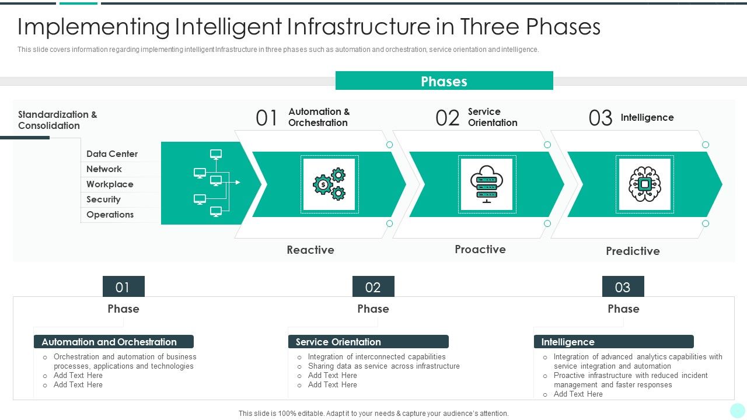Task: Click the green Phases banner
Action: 444,81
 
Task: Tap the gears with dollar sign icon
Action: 329,184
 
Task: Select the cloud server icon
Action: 487,184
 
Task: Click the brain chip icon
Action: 644,184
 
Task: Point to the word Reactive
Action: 310,250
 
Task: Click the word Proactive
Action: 480,249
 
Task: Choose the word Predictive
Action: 633,251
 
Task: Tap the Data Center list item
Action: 112,154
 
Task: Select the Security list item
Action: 103,199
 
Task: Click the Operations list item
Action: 110,215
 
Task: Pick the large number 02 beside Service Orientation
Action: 448,118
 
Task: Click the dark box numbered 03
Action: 623,287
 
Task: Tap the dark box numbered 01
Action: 123,287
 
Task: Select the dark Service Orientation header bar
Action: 368,342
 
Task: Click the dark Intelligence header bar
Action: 613,342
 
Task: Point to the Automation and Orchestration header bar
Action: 113,342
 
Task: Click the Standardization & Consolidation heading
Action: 57,120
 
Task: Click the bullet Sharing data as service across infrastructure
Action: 383,366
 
